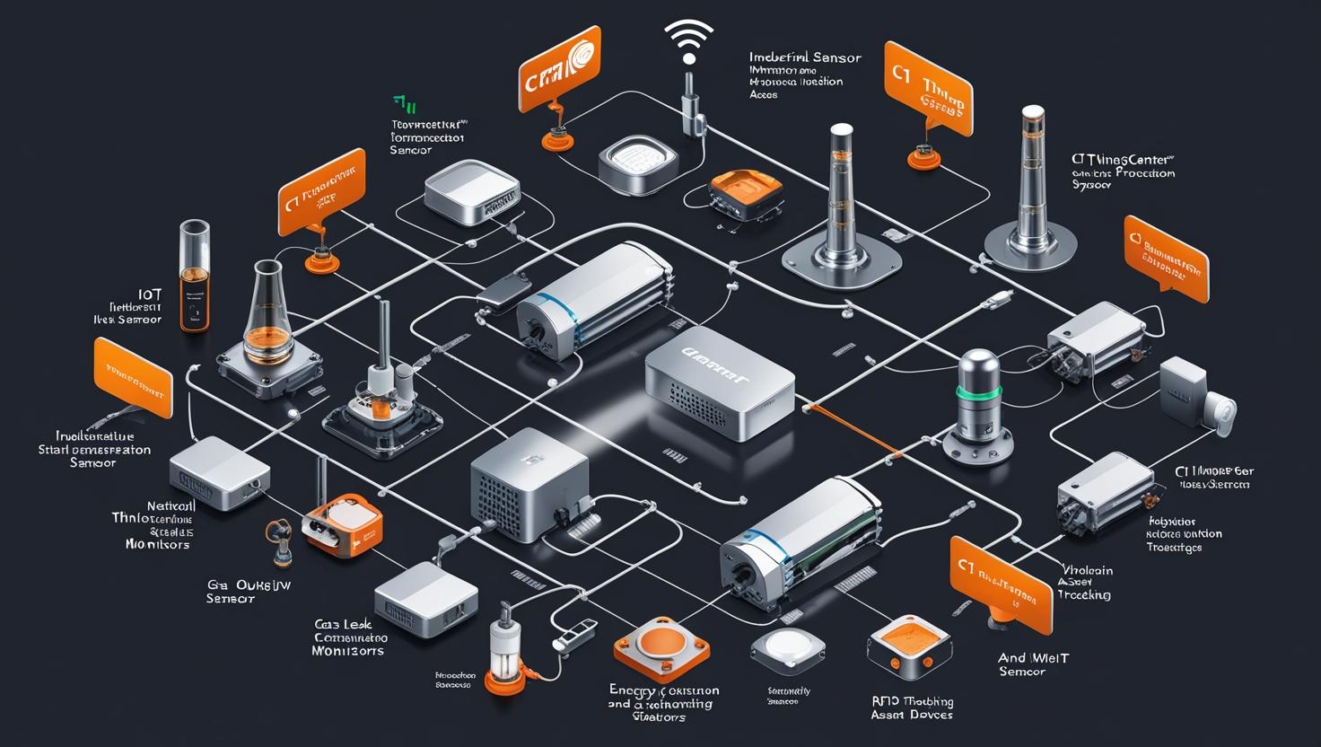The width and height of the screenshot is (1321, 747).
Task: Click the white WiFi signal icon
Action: point(688,41)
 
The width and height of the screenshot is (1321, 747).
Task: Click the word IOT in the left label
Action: point(151,294)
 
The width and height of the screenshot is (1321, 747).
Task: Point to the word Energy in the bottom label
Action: point(634,690)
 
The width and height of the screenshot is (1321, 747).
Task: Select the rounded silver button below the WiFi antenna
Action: point(637,164)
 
